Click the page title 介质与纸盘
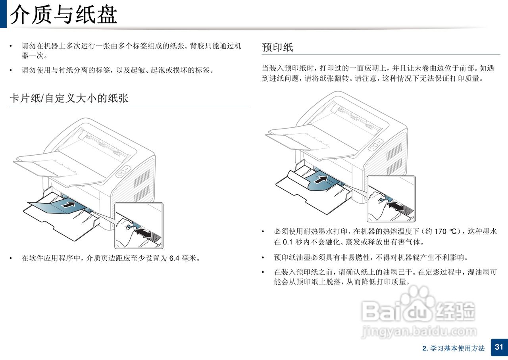[64, 15]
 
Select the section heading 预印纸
[277, 47]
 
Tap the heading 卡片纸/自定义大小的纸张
[69, 98]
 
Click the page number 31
[499, 347]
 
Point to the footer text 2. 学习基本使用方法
[454, 348]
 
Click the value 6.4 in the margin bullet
[174, 258]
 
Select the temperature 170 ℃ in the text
[446, 231]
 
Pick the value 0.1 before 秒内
[288, 242]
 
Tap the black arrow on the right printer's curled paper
[321, 179]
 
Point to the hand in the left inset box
[125, 232]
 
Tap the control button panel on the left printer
[123, 172]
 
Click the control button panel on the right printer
[375, 145]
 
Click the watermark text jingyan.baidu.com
[419, 332]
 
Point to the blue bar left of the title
[4, 14]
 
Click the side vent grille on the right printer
[394, 159]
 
